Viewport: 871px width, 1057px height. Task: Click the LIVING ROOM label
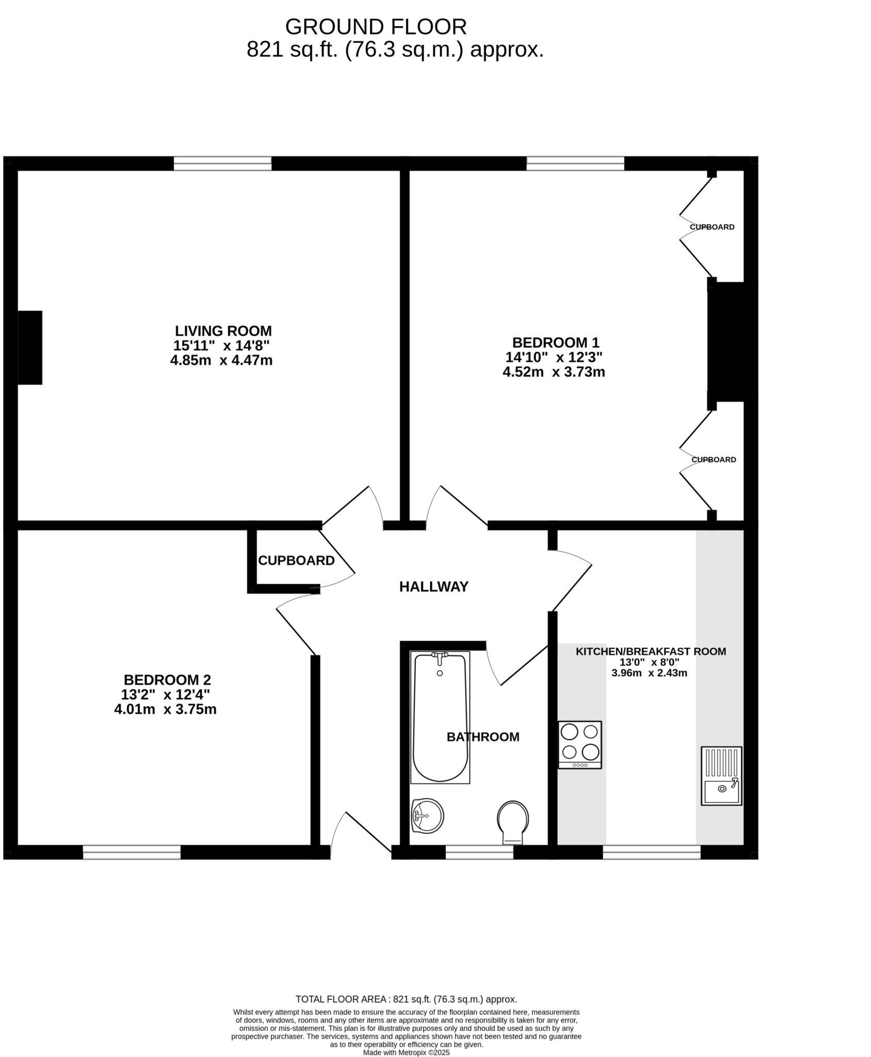point(223,331)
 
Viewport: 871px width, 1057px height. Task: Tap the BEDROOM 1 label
point(556,343)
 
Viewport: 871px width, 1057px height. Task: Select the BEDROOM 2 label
point(167,680)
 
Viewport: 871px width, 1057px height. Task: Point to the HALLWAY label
point(433,587)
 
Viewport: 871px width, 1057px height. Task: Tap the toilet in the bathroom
point(513,821)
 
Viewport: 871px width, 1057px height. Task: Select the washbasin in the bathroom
point(427,815)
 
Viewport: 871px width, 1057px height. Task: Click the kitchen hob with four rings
point(580,744)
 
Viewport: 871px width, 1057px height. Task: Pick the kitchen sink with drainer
point(721,776)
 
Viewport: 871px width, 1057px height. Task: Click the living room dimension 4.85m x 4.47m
point(221,360)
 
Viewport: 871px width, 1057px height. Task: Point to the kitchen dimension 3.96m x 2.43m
point(649,673)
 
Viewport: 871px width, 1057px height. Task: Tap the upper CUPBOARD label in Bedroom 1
point(712,227)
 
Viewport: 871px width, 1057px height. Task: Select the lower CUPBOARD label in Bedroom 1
point(714,460)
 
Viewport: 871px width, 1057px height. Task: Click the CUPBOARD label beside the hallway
point(296,560)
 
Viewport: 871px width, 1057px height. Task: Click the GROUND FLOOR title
point(376,27)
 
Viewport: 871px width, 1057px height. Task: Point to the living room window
point(222,164)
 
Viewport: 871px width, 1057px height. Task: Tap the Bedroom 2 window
point(132,852)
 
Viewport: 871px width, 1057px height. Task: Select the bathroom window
point(479,852)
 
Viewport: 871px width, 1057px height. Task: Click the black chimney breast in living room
point(30,347)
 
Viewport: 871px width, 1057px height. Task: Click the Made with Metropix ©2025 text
point(407,1053)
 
